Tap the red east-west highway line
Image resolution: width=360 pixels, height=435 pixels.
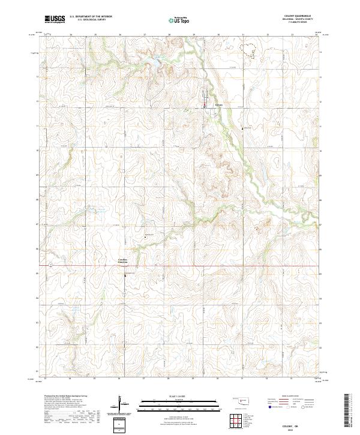pyautogui.click(x=180, y=266)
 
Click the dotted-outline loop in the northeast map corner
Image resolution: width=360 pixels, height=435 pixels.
pyautogui.click(x=248, y=48)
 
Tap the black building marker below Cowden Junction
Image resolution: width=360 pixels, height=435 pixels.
pyautogui.click(x=125, y=275)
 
